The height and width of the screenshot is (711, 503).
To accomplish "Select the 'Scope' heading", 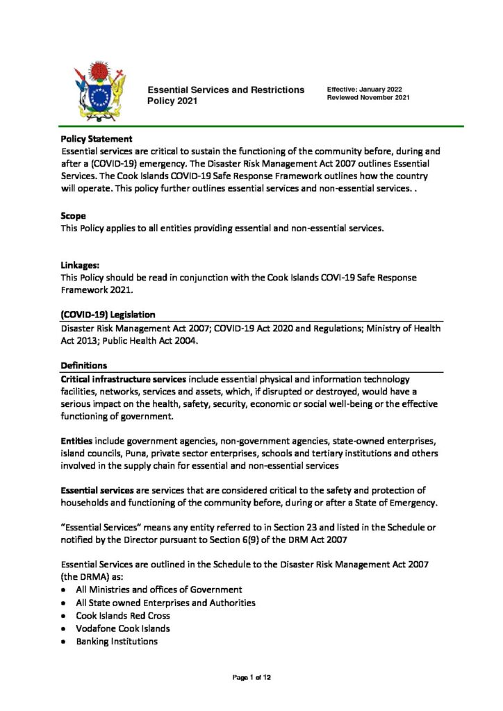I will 74,216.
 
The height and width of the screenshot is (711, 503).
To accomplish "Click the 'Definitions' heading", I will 84,365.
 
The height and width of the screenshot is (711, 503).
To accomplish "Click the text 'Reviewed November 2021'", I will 368,99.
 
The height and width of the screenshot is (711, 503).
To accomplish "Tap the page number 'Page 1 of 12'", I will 251,677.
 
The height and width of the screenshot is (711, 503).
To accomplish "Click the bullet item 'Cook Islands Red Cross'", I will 123,615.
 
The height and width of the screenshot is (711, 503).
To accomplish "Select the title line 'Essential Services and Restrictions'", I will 225,90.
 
